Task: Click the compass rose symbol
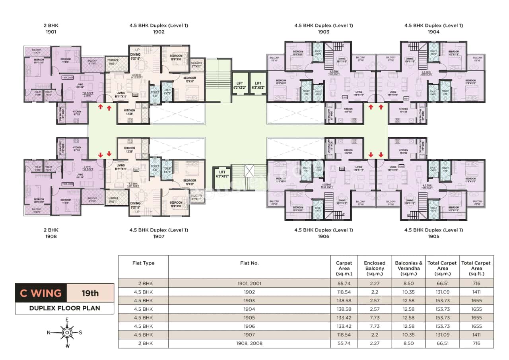point(67,332)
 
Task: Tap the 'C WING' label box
point(41,294)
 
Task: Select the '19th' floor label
point(90,294)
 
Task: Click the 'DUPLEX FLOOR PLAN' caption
point(64,308)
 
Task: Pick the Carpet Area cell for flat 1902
point(344,292)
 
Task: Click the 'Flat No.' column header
point(249,263)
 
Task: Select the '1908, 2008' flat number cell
point(249,343)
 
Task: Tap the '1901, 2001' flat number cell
point(249,284)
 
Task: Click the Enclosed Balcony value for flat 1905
point(374,318)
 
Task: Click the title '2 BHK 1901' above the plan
point(51,29)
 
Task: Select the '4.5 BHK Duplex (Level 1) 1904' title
point(433,29)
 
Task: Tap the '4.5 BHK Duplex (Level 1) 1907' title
point(159,233)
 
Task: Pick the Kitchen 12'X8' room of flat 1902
point(129,113)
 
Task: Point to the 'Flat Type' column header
point(143,263)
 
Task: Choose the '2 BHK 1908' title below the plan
point(51,233)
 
